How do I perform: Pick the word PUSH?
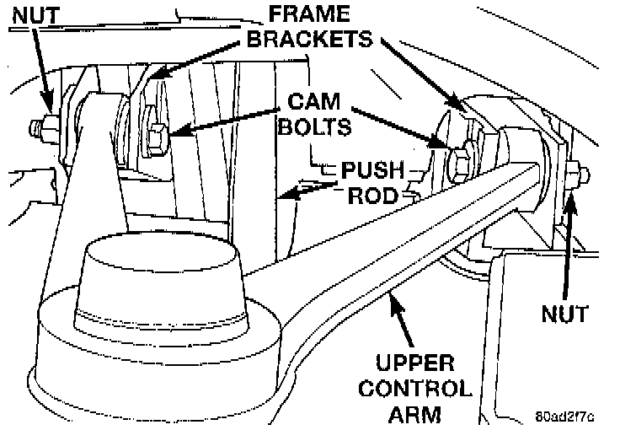point(372,171)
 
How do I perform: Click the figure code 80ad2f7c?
point(564,416)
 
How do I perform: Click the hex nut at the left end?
point(42,129)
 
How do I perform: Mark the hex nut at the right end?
point(575,175)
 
